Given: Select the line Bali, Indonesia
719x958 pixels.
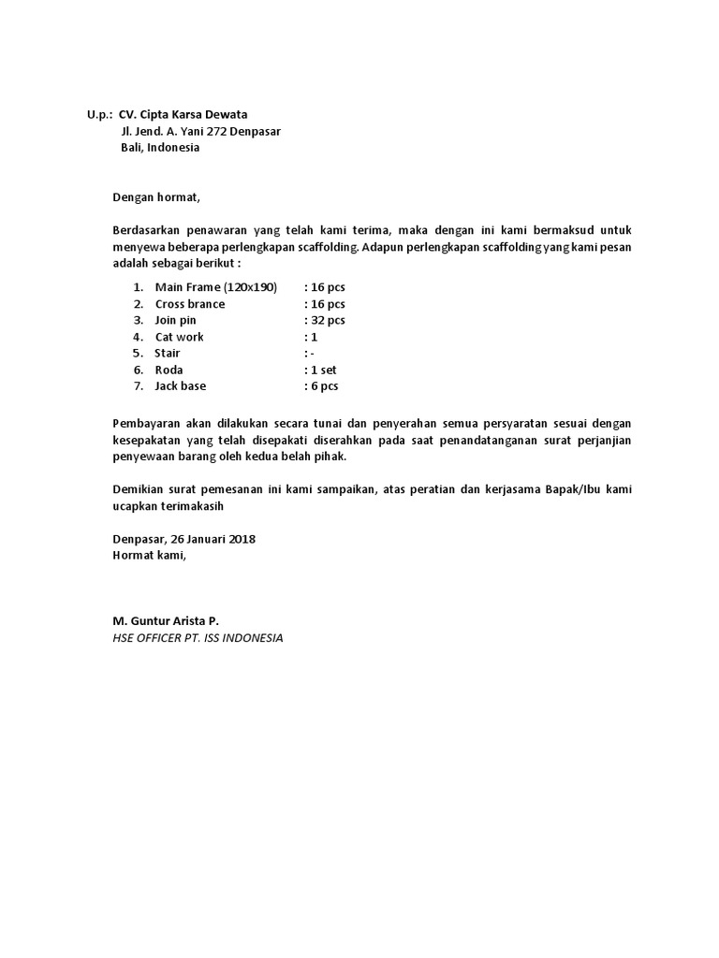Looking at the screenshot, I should point(160,148).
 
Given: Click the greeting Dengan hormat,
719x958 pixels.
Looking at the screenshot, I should point(156,197).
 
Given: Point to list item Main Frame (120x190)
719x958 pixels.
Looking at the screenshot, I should point(216,287).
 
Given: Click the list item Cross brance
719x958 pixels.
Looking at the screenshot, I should point(190,304).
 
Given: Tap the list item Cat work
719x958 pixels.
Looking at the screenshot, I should point(179,337).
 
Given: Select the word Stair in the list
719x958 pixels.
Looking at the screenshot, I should point(167,354).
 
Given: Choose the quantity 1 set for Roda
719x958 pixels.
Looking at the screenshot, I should point(323,370).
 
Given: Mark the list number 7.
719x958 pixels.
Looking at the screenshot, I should point(137,386).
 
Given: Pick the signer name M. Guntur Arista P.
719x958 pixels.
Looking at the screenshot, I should point(166,621).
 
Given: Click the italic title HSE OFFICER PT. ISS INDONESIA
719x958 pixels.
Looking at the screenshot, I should point(198,638).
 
